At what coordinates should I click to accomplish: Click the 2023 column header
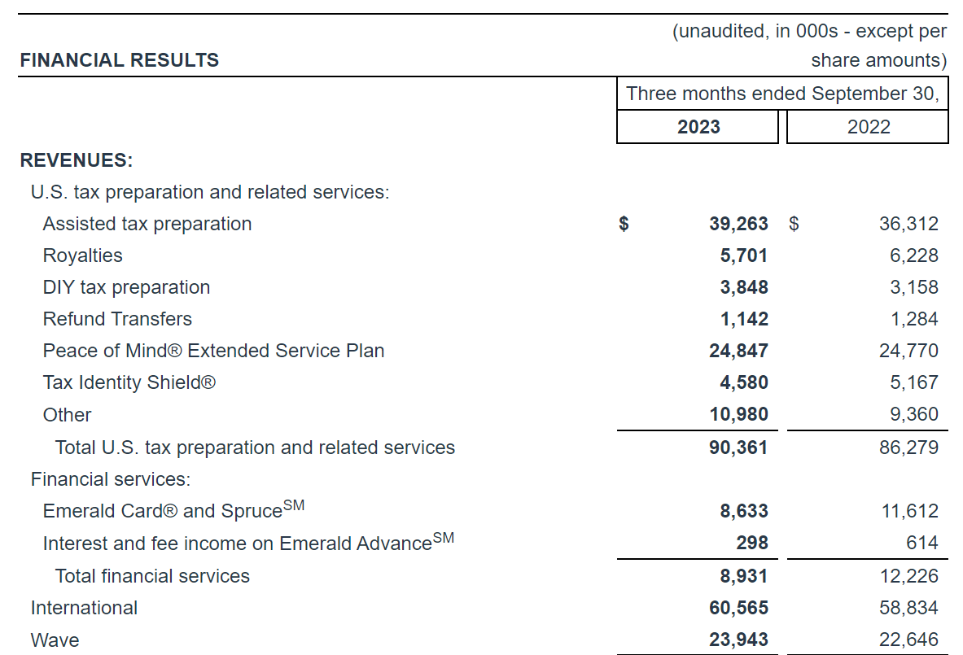point(698,127)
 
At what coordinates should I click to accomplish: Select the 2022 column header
point(869,127)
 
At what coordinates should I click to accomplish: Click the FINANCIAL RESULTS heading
point(120,60)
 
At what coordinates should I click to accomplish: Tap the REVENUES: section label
point(77,160)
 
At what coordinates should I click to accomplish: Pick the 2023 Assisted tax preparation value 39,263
point(738,224)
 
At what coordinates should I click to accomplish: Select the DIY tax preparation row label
point(126,287)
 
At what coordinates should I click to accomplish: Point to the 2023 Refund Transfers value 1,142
point(744,319)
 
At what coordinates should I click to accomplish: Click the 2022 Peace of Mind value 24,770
point(908,351)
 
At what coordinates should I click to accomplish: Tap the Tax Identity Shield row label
point(129,382)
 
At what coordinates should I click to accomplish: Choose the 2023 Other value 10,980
point(738,414)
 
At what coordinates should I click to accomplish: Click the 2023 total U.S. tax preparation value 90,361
point(738,448)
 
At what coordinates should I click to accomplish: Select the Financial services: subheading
point(110,479)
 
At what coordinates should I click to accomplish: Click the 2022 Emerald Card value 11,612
point(908,511)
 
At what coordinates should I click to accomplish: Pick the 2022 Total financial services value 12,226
point(908,576)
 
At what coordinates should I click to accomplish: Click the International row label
point(84,608)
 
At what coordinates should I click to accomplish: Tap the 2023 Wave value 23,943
point(738,640)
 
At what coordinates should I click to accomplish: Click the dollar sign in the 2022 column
point(794,224)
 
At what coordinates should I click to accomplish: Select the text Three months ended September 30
point(782,94)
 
